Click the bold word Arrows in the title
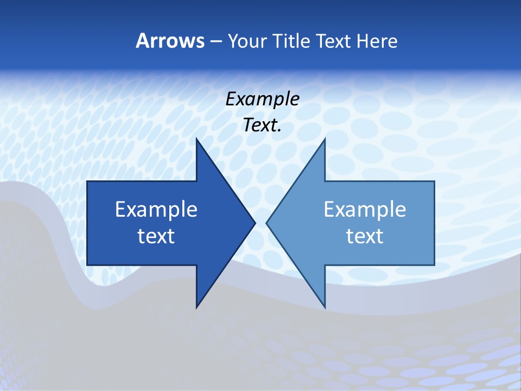click(170, 41)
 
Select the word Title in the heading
click(292, 41)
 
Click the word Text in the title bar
click(334, 41)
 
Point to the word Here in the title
click(377, 41)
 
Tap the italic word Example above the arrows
click(262, 99)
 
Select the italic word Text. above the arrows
click(262, 125)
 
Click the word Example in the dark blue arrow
click(156, 210)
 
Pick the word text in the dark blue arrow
click(156, 236)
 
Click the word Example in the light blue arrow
click(365, 210)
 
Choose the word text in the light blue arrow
click(365, 236)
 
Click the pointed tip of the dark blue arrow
click(255, 223)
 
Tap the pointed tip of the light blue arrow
click(266, 223)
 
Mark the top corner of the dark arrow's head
click(196, 140)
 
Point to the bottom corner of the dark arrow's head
click(196, 307)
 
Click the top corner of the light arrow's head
click(325, 140)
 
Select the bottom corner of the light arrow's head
click(325, 307)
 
